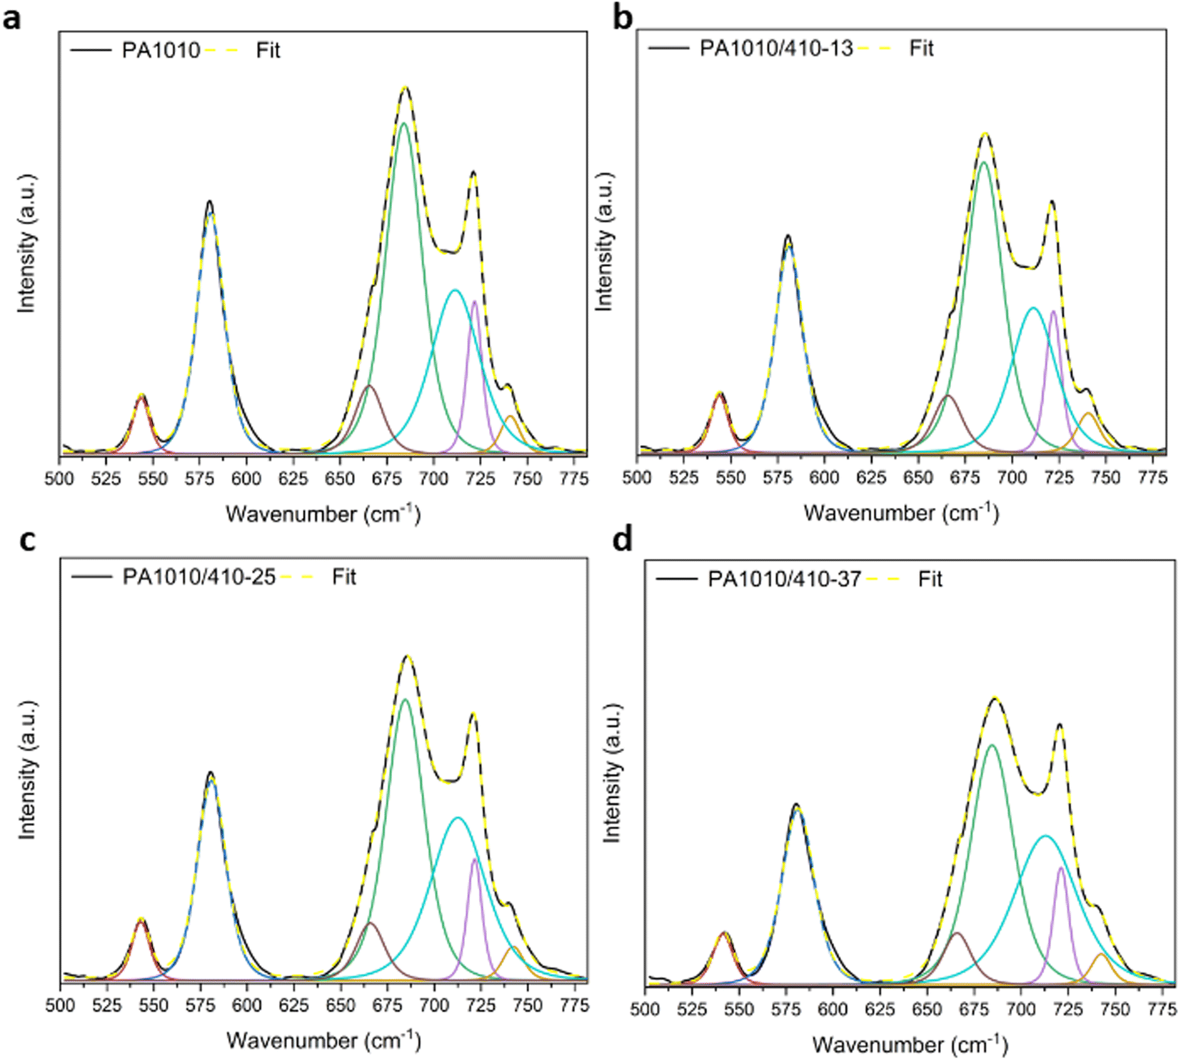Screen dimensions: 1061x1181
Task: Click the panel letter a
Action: pyautogui.click(x=12, y=19)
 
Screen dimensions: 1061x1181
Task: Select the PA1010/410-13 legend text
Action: pyautogui.click(x=776, y=48)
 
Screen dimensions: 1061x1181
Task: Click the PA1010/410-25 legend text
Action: pyautogui.click(x=198, y=577)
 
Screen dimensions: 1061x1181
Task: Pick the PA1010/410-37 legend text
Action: pyautogui.click(x=784, y=579)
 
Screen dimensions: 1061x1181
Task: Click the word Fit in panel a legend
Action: pyautogui.click(x=268, y=50)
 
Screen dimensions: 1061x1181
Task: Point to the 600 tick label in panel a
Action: pyautogui.click(x=246, y=479)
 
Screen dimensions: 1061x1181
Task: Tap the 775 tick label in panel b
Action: pyautogui.click(x=1152, y=477)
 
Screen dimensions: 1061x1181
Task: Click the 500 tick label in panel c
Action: pyautogui.click(x=60, y=1005)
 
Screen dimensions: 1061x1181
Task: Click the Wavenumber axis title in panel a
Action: pyautogui.click(x=323, y=514)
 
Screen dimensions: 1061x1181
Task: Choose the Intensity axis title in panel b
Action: pyautogui.click(x=604, y=241)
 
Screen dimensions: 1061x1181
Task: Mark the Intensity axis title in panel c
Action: pyautogui.click(x=27, y=769)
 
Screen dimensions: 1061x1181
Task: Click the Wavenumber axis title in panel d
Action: pyautogui.click(x=909, y=1045)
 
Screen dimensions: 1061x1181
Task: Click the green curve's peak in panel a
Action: pyautogui.click(x=403, y=123)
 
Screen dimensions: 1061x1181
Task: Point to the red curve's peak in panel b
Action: pyautogui.click(x=720, y=394)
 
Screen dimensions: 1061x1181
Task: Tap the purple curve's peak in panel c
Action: pyautogui.click(x=474, y=859)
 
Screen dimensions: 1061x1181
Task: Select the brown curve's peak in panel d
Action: pyautogui.click(x=958, y=932)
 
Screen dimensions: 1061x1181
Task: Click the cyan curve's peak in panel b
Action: pyautogui.click(x=1032, y=307)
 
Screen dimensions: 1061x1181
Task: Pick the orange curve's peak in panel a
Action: pyautogui.click(x=510, y=416)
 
